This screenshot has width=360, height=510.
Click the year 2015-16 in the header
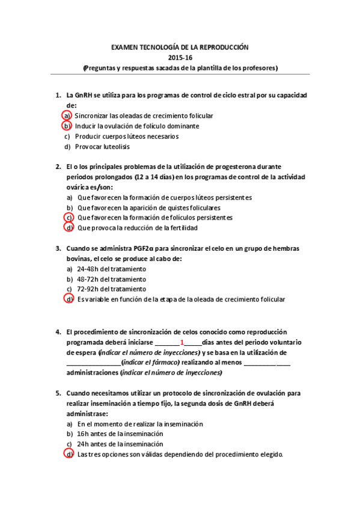180,57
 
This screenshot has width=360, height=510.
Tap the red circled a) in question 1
67,115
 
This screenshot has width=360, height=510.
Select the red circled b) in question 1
67,126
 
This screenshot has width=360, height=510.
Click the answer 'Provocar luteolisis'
102,146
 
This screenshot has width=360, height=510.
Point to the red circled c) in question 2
69,217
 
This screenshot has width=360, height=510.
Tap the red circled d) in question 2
69,228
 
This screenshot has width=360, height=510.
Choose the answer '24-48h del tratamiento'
111,269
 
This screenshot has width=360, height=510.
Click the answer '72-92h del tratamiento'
111,289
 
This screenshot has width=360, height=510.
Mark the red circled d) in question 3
69,300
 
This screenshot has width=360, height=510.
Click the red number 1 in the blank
182,342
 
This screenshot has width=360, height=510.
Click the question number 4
58,331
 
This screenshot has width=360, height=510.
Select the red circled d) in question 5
69,454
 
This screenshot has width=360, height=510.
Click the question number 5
58,393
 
